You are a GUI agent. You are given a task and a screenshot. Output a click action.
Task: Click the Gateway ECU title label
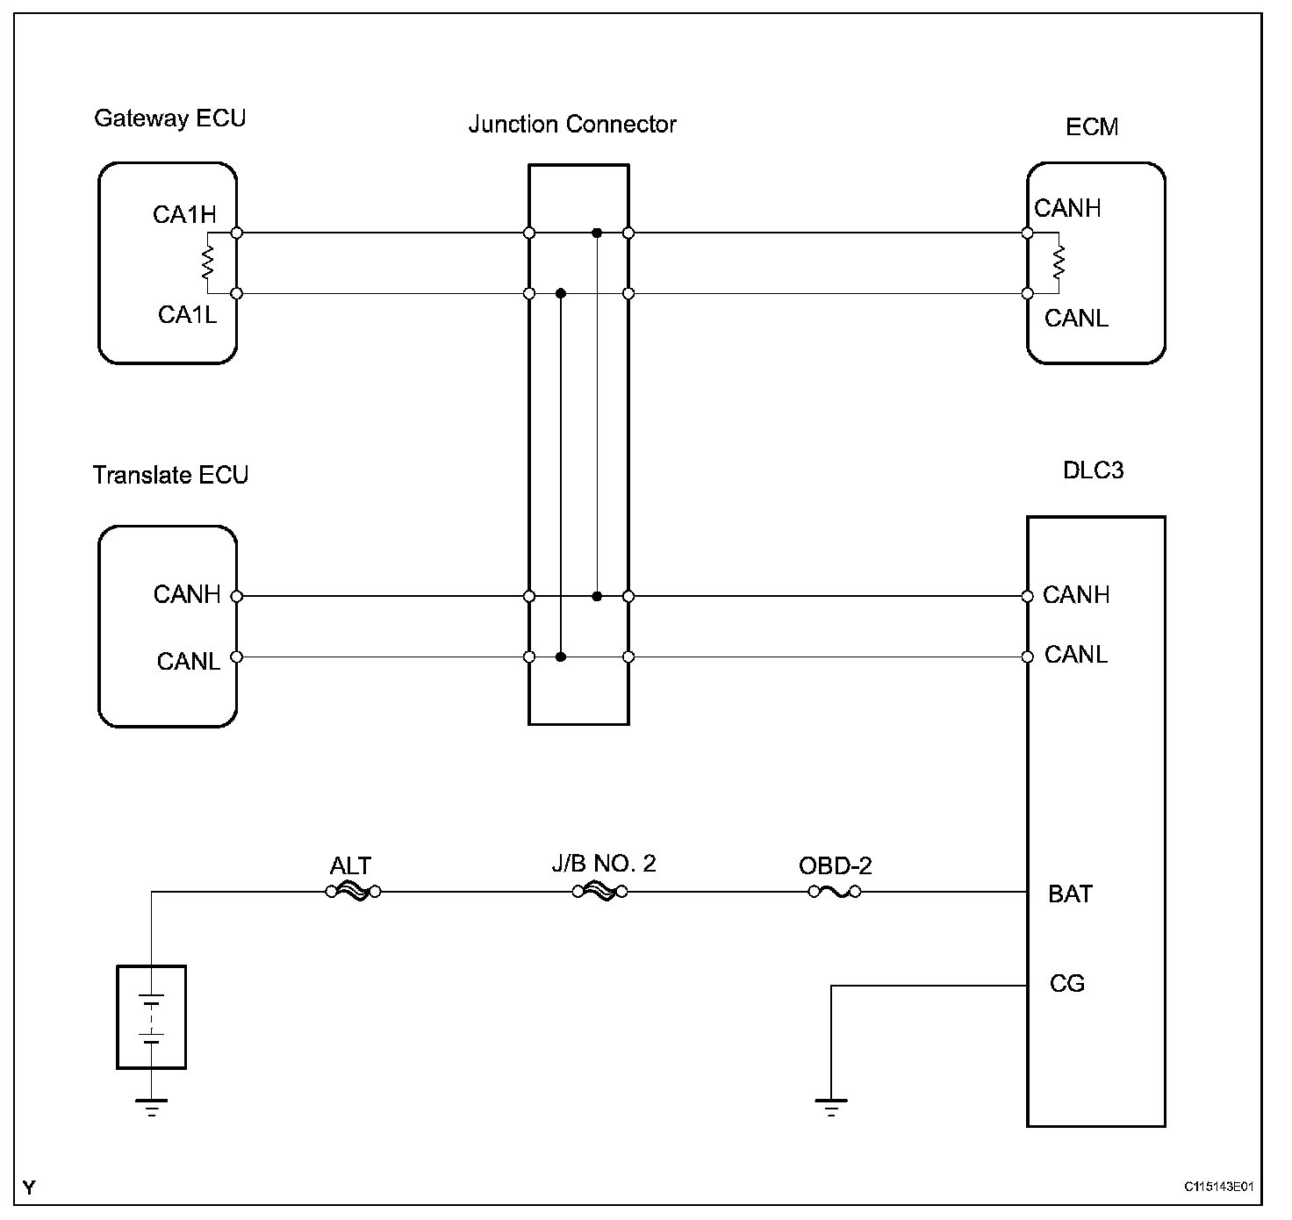pos(169,118)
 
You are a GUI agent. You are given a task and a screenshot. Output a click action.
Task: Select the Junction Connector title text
pos(572,125)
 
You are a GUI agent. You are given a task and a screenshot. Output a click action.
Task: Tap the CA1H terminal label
pos(184,215)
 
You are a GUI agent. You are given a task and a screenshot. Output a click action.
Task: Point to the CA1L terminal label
pos(187,314)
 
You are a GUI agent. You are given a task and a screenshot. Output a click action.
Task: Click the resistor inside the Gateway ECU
pos(208,262)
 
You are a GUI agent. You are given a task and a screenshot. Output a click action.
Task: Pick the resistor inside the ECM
pos(1059,262)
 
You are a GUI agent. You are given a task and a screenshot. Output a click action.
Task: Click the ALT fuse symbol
pos(352,893)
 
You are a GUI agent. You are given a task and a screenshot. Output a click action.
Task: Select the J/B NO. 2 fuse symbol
pos(599,893)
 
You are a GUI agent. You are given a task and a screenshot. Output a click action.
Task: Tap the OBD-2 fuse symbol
pos(834,893)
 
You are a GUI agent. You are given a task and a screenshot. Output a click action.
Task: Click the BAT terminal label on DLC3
pos(1070,894)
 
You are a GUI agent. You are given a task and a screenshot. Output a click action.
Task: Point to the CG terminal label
pos(1067,984)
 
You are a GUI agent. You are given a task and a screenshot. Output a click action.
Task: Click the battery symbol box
pos(152,1017)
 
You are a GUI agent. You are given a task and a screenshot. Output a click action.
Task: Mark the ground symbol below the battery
pos(152,1106)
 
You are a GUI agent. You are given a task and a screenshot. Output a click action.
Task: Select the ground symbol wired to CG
pos(830,1106)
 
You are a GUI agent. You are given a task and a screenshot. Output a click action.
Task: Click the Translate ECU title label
pos(170,476)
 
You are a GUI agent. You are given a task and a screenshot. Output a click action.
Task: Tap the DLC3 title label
pos(1093,470)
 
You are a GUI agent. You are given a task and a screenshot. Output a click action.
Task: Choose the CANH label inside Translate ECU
pos(186,595)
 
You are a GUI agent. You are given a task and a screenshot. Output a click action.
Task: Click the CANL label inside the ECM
pos(1076,318)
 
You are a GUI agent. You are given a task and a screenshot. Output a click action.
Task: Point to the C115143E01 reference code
pos(1217,1188)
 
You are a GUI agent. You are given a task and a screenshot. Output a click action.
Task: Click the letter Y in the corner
pos(30,1188)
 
